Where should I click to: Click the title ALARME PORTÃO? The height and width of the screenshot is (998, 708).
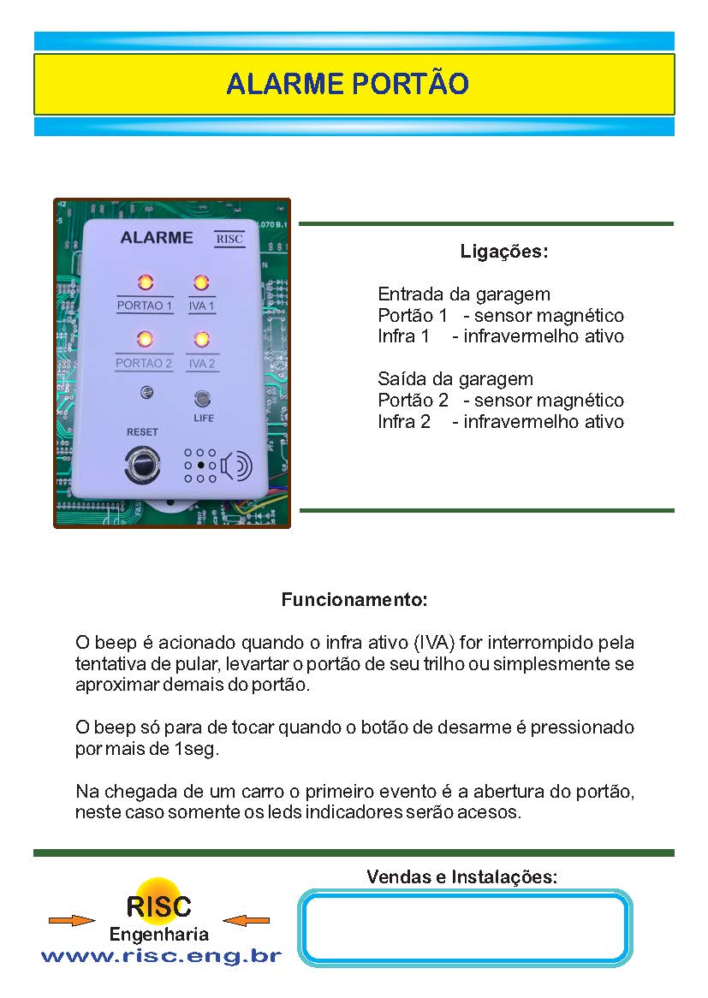point(348,84)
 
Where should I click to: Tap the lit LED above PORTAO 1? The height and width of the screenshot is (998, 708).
point(145,282)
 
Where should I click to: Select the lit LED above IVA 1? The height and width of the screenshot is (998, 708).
point(201,282)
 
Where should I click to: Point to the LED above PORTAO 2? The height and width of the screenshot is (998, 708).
point(145,339)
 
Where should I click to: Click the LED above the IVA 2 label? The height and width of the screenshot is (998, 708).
point(202,340)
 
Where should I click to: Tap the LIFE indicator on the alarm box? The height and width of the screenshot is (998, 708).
point(203,399)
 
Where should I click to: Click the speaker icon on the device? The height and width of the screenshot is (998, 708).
point(236,466)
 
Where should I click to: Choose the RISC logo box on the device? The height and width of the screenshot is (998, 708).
point(229,239)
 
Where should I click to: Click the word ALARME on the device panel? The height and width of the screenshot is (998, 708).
point(157,238)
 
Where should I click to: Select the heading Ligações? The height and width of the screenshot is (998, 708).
point(504,252)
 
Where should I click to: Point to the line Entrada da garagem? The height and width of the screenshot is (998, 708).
point(464,294)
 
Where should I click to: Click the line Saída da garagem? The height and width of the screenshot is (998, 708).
point(455,379)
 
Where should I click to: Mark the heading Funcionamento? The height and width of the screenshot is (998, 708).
point(354,600)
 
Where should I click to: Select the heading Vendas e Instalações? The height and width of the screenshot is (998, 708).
point(461,877)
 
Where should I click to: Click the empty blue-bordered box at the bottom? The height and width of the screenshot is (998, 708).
point(466,928)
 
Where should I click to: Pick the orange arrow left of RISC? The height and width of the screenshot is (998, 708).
point(72,920)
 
